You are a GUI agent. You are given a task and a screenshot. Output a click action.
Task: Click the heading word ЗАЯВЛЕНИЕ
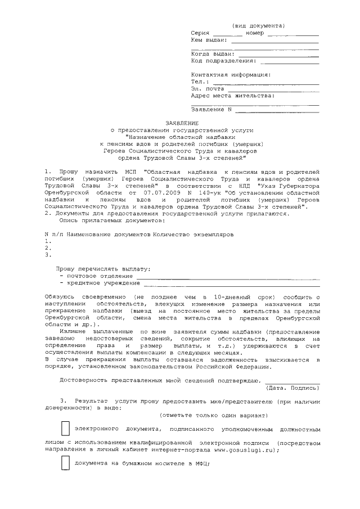pyautogui.click(x=181, y=122)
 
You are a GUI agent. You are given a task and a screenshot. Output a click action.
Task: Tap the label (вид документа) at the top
pyautogui.click(x=258, y=26)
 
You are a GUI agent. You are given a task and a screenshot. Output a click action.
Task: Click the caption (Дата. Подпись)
pyautogui.click(x=292, y=387)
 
